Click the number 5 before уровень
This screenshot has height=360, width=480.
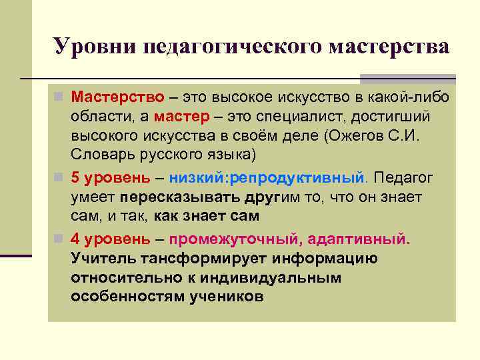point(75,179)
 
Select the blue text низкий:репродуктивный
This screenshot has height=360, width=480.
point(267,179)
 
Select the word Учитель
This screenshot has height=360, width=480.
point(101,259)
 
